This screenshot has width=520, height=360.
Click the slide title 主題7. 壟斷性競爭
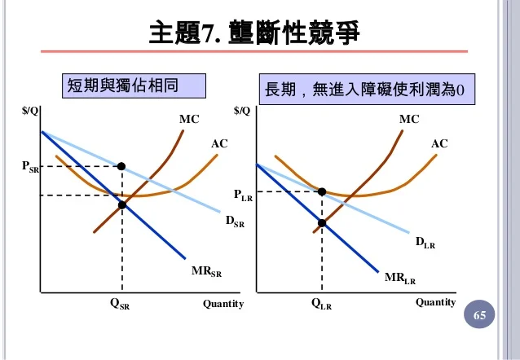253,33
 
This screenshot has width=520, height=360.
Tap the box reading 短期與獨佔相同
134,85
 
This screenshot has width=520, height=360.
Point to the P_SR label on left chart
30,167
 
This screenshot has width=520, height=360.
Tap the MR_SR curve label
206,271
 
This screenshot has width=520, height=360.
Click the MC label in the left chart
189,119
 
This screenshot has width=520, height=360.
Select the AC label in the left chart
219,144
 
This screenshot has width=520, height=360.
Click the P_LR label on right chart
243,195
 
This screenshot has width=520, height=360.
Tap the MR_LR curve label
399,279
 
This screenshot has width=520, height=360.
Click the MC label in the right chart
409,120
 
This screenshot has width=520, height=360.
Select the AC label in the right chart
439,144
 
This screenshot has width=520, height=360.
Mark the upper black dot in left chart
121,166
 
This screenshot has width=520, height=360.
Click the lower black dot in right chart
322,222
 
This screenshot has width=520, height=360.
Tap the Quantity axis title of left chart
223,304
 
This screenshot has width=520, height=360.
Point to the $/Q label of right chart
243,111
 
